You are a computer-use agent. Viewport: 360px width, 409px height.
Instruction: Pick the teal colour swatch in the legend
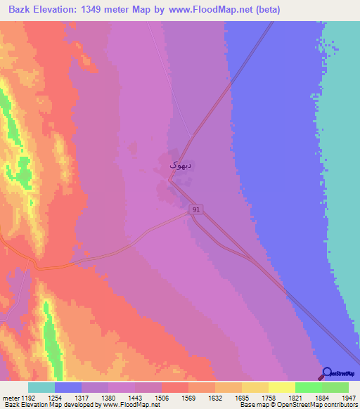pos(41,387)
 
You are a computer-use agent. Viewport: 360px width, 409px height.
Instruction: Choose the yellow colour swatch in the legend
pos(281,387)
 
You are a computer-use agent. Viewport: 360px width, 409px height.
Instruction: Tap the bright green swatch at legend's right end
pos(335,387)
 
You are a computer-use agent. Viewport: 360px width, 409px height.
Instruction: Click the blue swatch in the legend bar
pos(68,387)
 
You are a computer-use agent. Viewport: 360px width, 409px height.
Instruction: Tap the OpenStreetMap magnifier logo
pos(327,373)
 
